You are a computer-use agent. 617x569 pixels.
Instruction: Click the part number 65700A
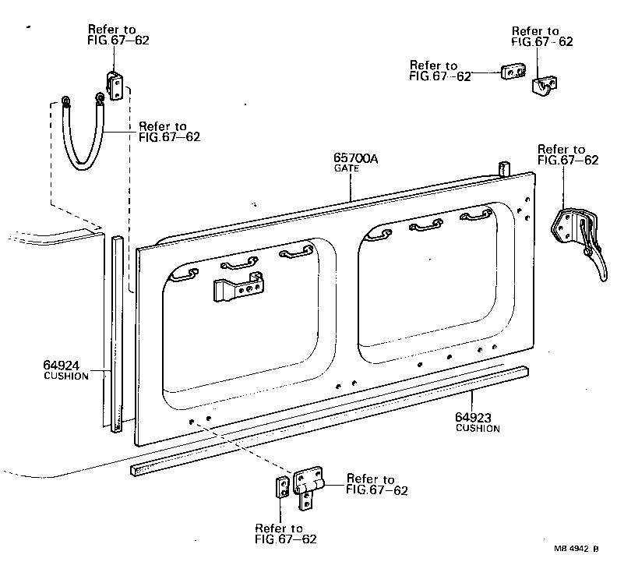[x=355, y=159]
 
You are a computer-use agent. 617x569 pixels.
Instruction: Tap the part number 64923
[x=473, y=418]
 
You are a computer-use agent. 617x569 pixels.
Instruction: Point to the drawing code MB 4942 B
[x=576, y=548]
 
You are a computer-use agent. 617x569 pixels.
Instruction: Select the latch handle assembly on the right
[x=579, y=238]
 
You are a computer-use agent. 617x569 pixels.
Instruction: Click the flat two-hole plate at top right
[x=511, y=72]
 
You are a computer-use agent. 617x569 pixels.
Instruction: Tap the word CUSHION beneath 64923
[x=478, y=429]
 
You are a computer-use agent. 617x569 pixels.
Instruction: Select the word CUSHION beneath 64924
[x=65, y=376]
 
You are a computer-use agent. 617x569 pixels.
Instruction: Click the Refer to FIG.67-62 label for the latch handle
[x=568, y=154]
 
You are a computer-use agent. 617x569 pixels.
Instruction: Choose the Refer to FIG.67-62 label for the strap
[x=169, y=131]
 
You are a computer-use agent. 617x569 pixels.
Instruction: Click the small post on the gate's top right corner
[x=502, y=169]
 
